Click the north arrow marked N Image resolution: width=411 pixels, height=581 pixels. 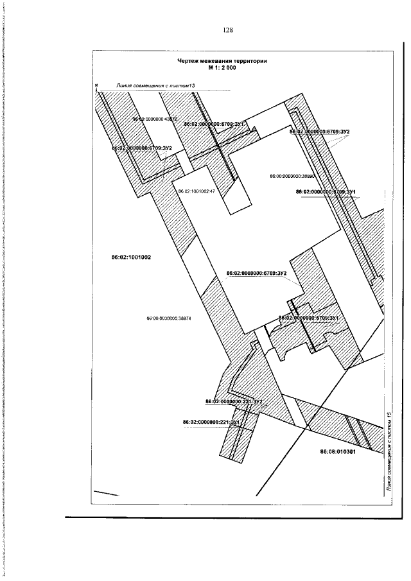95,87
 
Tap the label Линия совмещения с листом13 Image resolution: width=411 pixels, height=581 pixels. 155,85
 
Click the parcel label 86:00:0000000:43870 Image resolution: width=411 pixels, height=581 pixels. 154,119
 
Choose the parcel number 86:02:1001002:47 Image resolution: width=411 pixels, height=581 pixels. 196,191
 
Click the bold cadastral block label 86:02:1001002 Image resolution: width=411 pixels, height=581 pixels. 131,257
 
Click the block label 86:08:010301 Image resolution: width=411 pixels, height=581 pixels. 338,452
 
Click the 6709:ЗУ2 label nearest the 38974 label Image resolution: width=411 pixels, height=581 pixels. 256,273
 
